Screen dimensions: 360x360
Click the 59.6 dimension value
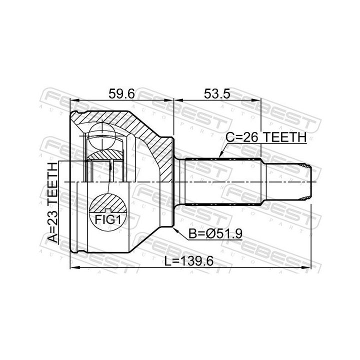121,93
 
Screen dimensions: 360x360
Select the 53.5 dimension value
217,93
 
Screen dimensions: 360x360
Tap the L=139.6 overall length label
188,261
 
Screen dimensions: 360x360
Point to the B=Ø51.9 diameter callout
215,234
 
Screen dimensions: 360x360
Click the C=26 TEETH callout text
266,137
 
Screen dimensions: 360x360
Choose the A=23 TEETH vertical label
52,202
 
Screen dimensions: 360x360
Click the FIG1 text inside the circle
107,220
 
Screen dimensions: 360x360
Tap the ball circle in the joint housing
102,136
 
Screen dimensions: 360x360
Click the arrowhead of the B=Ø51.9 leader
175,230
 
